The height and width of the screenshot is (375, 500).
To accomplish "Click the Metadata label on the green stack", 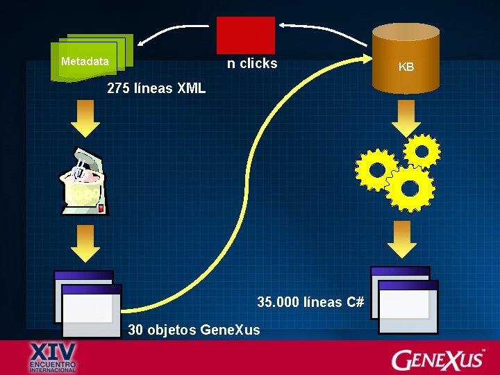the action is tap(85, 62).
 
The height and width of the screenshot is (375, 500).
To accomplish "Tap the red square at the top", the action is tap(246, 34).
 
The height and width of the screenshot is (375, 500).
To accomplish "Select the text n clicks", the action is tap(252, 64).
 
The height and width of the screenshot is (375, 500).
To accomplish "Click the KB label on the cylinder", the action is tap(406, 67).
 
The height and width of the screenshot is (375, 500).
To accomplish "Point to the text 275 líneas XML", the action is tap(156, 89).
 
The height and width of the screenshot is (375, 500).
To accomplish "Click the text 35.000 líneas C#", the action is tap(310, 302).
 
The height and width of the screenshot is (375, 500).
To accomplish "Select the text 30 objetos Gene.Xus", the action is tap(194, 330).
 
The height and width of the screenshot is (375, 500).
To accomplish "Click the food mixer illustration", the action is tap(86, 182).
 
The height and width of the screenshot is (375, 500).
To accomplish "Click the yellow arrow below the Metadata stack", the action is tap(85, 120).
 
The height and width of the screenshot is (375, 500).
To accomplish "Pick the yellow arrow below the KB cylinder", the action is tap(406, 119).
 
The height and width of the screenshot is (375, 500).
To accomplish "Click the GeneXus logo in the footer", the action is tap(437, 359).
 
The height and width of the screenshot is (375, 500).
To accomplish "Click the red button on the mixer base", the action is tap(101, 208).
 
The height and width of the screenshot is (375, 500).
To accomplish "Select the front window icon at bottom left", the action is tap(91, 310).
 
